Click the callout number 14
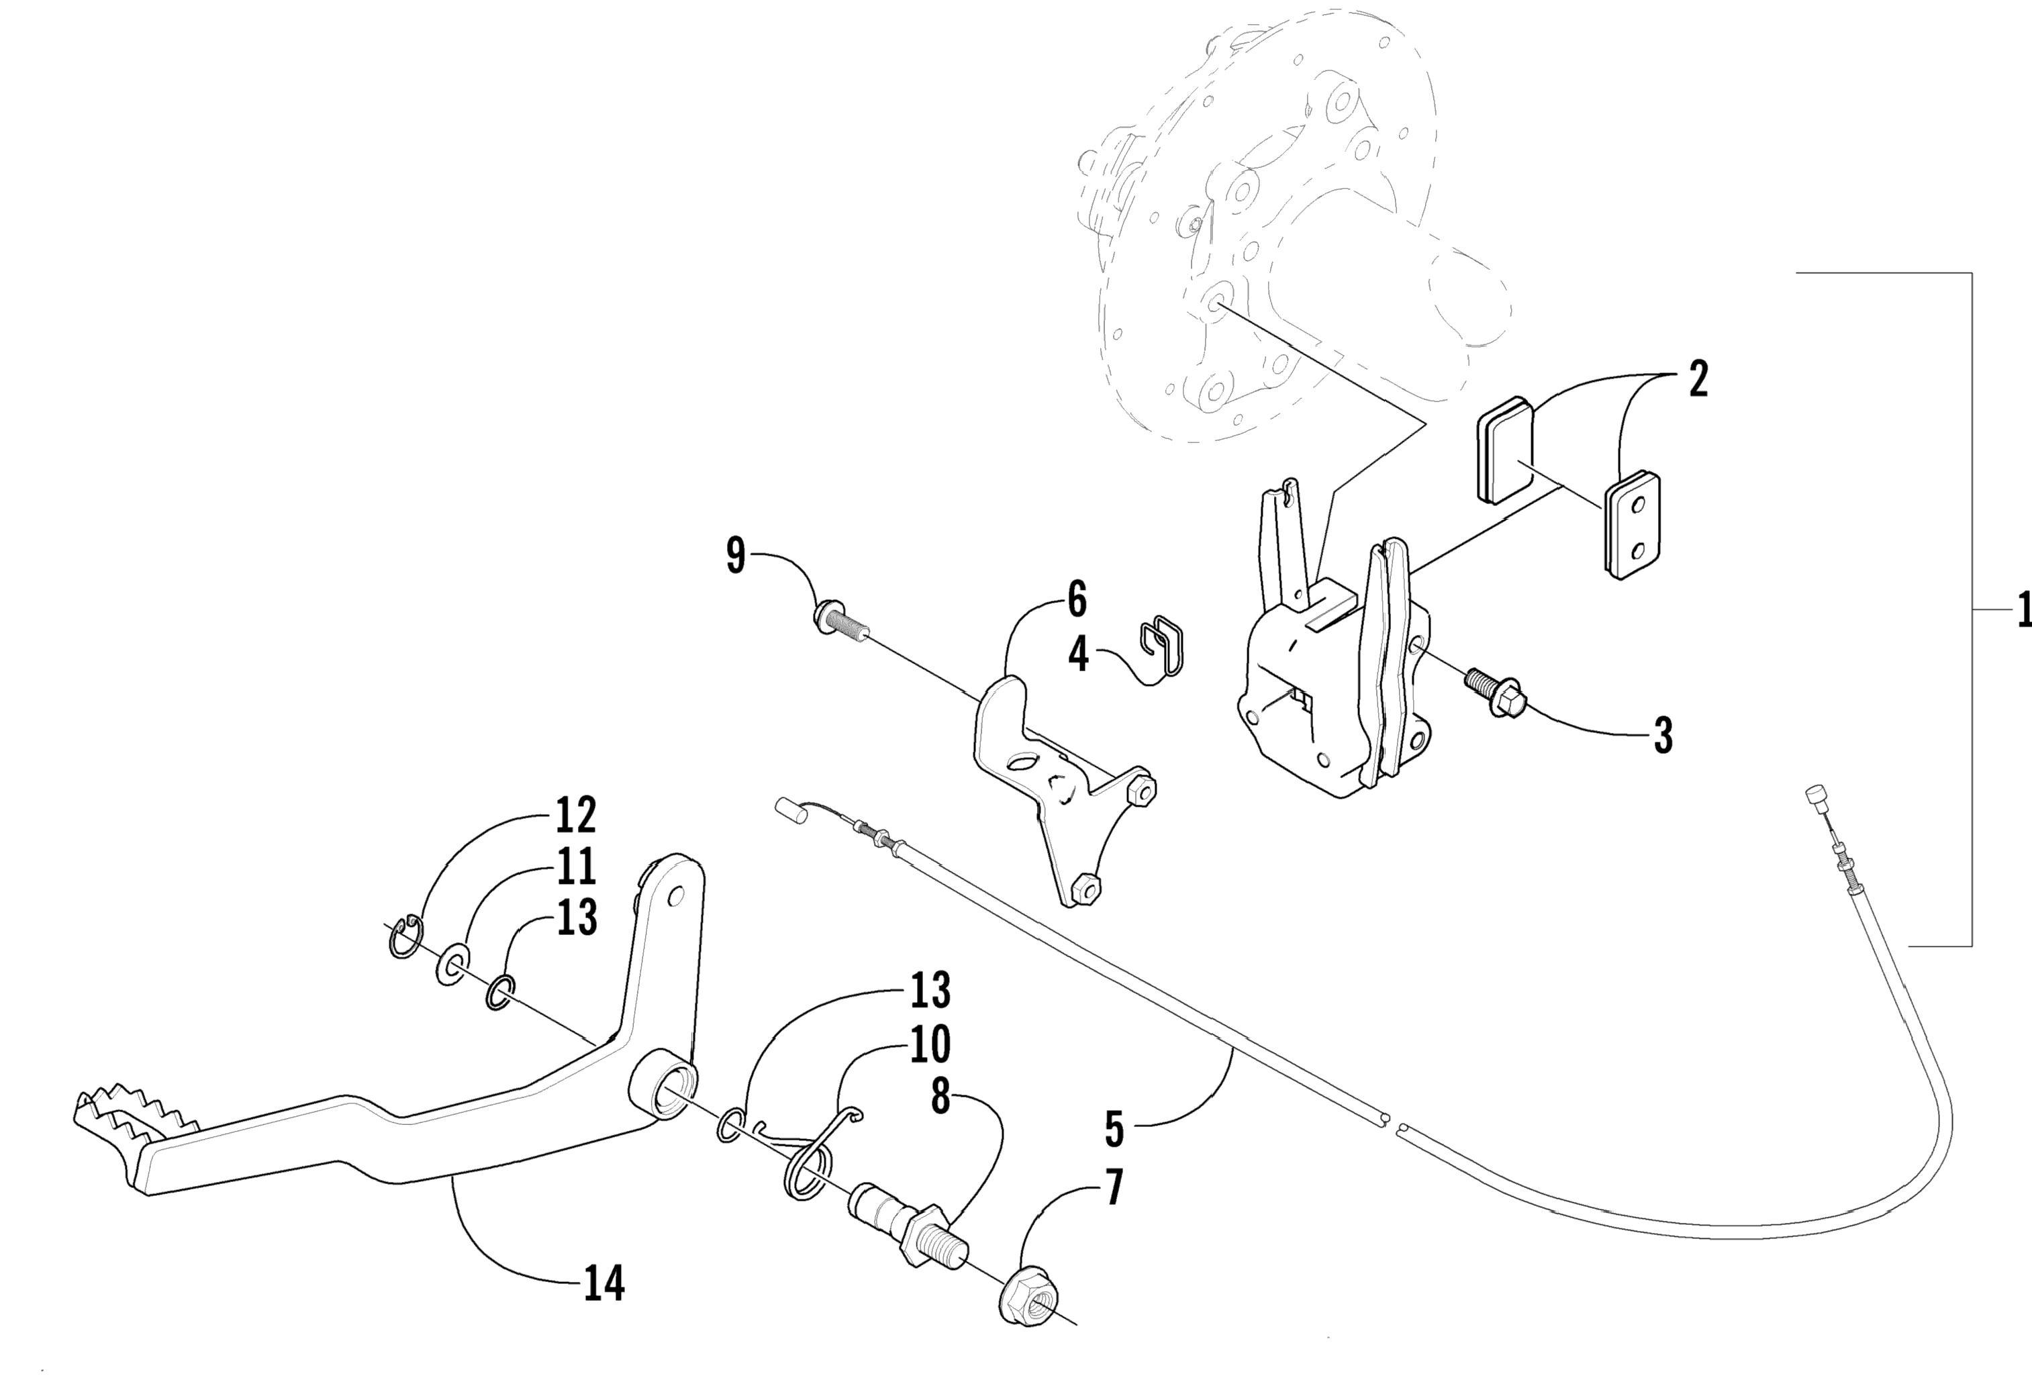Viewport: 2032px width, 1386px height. coord(604,1283)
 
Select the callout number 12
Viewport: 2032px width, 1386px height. coord(575,815)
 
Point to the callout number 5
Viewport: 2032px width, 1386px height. coord(1114,1129)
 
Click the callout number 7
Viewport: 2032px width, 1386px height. coord(1114,1189)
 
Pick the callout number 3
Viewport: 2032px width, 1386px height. coord(1663,736)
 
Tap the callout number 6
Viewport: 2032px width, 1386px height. coord(1077,600)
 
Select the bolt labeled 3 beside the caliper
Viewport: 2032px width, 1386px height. coord(1494,693)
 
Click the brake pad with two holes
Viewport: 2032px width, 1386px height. coord(1633,526)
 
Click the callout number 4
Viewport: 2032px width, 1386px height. coord(1079,654)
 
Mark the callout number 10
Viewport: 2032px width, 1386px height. coord(930,1045)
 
